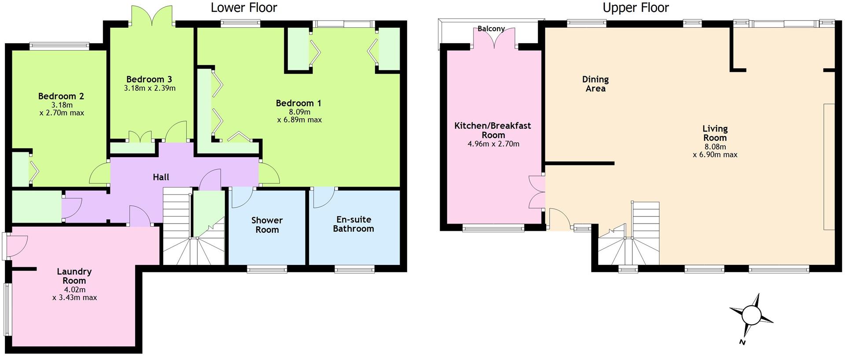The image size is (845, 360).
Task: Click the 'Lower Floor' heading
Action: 244,7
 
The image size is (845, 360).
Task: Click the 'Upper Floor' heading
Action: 636,7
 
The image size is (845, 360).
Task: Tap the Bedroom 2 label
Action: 61,96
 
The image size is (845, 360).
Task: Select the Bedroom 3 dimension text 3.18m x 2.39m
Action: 150,88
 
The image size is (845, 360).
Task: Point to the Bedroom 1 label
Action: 298,103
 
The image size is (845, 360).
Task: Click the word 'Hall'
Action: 161,177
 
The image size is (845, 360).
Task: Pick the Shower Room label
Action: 267,224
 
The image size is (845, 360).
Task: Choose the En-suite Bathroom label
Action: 353,224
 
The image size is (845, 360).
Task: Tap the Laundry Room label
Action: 74,276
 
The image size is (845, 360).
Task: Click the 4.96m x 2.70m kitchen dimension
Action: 493,144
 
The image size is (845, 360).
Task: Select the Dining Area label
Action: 595,84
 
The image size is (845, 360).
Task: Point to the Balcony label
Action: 491,29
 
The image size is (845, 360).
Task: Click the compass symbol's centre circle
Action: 751,316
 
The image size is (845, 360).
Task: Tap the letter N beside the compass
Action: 742,342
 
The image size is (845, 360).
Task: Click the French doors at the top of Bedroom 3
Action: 151,16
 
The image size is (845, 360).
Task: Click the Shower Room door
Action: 242,198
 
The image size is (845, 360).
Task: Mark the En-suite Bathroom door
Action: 324,198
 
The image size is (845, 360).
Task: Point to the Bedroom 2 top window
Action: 59,45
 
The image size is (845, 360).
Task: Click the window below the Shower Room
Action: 267,269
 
